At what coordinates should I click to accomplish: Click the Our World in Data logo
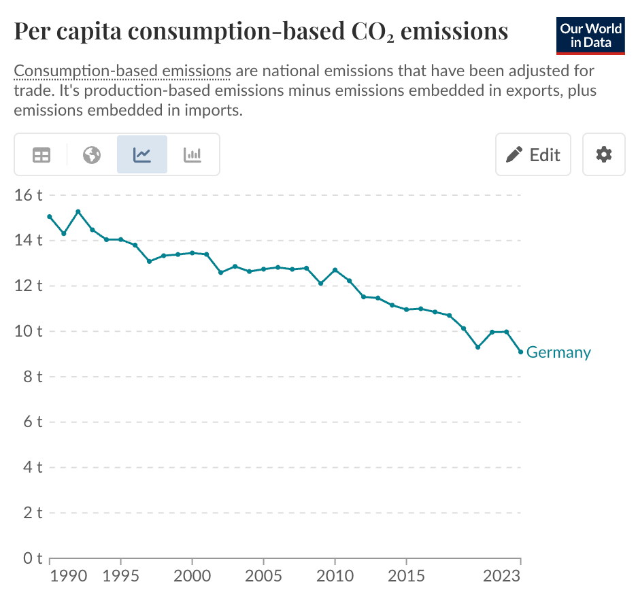point(590,36)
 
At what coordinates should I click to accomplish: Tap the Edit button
point(533,154)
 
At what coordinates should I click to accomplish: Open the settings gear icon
point(603,154)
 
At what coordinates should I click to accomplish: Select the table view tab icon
point(41,155)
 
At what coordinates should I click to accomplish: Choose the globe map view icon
point(92,155)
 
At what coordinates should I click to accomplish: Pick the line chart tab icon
point(142,155)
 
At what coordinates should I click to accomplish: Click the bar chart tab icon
point(192,155)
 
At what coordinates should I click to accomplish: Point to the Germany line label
point(558,352)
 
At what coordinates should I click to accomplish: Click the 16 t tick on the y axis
point(29,195)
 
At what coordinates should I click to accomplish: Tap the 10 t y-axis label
point(29,331)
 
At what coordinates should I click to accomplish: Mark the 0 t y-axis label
point(32,558)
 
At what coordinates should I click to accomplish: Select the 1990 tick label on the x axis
point(69,576)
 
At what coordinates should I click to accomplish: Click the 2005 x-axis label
point(263,576)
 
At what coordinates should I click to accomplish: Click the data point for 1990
point(50,216)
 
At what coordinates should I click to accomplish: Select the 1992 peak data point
point(78,211)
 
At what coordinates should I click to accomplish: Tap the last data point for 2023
point(520,352)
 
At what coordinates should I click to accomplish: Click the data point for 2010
point(335,270)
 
